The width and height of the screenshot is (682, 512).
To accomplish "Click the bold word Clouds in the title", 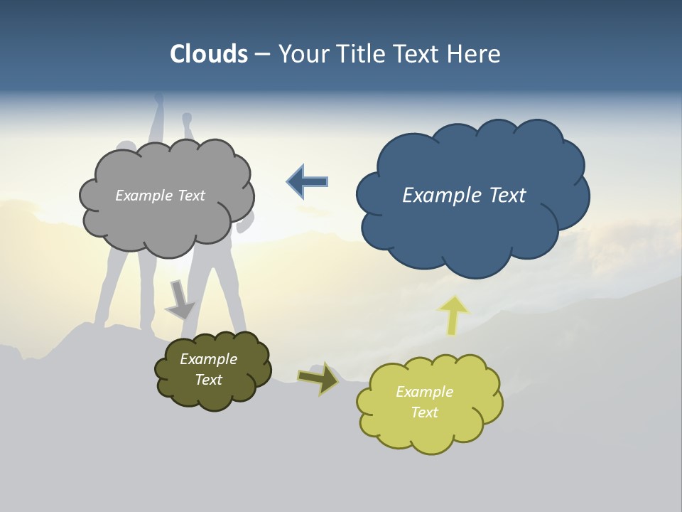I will pos(209,54).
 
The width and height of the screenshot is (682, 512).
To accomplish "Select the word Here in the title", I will pos(474,54).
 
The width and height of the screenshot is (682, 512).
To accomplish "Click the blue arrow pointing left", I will pos(308,182).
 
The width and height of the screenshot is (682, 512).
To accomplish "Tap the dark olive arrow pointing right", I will pos(318,378).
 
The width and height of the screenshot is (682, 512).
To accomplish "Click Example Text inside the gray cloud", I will pos(160,196).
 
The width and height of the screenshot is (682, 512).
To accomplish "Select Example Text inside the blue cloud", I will pos(464,196).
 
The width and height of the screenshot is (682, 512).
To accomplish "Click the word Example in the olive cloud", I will pos(208,359).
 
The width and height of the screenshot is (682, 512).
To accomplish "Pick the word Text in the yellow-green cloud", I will pos(424,412).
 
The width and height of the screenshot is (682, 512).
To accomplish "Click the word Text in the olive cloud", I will pos(208,380).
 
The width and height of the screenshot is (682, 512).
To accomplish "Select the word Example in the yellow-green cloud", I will pos(424,392).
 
